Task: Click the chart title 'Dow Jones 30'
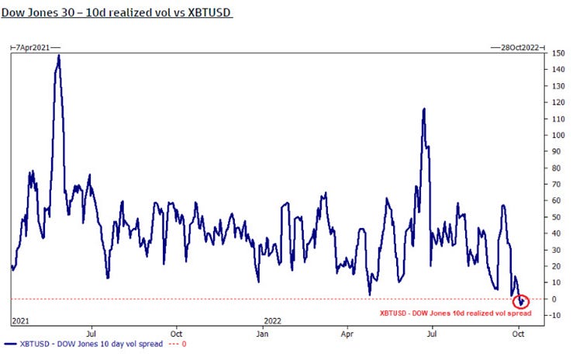coord(116,13)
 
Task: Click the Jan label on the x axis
coord(262,334)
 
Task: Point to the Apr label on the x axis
coord(347,334)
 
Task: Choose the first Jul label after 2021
coord(91,334)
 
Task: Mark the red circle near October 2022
coord(522,301)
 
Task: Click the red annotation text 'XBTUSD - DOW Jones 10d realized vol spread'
coord(455,313)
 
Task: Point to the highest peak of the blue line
coord(59,56)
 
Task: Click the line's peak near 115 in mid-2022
coord(424,109)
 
